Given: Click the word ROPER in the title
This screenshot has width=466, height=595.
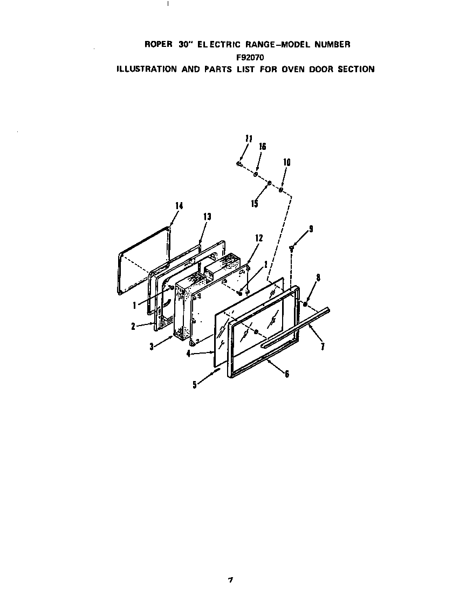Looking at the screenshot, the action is (x=157, y=45).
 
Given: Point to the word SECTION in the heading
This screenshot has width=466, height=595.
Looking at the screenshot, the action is (x=356, y=69).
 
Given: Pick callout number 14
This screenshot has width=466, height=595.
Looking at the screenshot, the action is (x=179, y=205).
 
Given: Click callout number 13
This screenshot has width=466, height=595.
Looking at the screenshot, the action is (x=207, y=217).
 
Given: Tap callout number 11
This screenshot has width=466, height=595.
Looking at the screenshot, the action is (x=248, y=139).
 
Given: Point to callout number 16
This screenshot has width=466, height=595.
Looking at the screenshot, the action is (x=263, y=147).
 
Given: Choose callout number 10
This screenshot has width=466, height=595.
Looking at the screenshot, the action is (x=286, y=162).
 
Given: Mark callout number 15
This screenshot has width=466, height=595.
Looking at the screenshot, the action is (x=255, y=204).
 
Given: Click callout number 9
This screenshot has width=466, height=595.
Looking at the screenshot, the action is (x=311, y=229).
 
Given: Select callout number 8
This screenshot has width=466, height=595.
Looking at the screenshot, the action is (x=318, y=279).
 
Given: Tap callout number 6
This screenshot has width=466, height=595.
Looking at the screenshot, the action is (x=287, y=374).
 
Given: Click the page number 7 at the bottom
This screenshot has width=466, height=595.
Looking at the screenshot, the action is (x=230, y=580).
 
